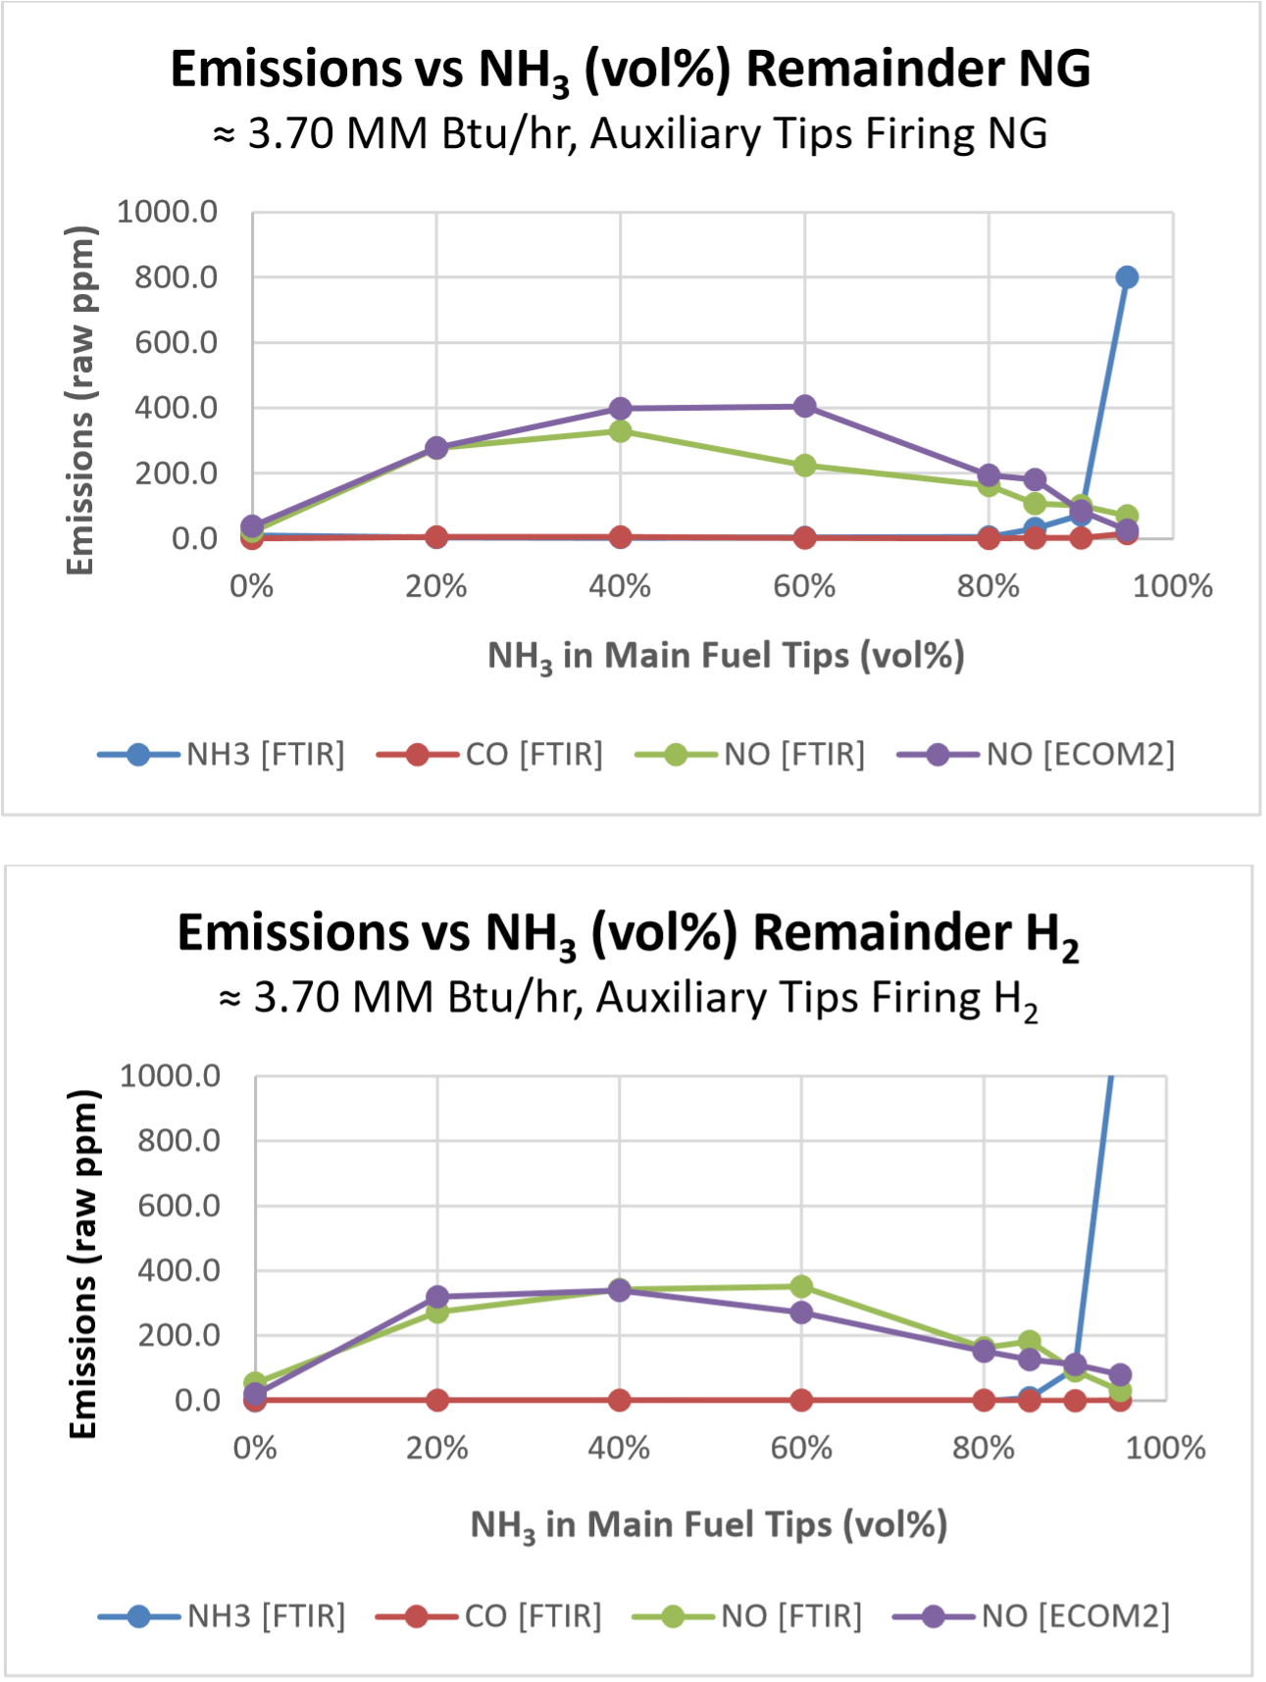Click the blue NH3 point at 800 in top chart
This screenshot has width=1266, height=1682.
point(1127,277)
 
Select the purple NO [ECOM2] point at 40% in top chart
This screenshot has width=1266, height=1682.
point(620,408)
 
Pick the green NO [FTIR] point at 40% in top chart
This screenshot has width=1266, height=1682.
point(620,430)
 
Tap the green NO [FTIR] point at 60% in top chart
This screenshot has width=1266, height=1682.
point(805,466)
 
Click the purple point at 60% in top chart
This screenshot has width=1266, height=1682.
point(805,406)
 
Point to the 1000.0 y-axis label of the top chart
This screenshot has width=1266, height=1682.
point(167,212)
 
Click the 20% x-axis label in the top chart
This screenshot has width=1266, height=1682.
point(436,586)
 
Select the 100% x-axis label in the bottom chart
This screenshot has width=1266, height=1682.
point(1165,1448)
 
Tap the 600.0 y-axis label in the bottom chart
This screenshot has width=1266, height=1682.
point(179,1206)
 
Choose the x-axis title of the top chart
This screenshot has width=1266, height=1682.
point(726,656)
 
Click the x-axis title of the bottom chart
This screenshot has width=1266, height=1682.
point(708,1525)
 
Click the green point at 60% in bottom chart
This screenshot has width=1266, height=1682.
point(801,1285)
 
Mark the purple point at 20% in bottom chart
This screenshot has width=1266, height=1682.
point(437,1297)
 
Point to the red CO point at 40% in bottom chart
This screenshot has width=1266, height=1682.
point(620,1400)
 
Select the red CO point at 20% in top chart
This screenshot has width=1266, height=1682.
point(436,536)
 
